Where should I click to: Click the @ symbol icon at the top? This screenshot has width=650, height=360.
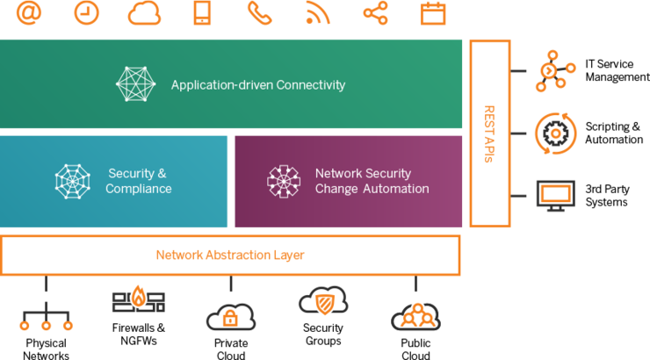(29, 12)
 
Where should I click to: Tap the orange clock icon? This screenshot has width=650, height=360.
(86, 12)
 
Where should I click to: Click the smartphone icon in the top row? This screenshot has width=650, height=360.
(201, 13)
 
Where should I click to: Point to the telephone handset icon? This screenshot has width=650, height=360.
(259, 13)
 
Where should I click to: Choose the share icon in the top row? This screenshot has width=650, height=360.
(375, 13)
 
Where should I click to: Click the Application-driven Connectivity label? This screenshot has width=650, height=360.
(257, 85)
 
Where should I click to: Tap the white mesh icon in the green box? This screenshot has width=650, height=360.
(135, 84)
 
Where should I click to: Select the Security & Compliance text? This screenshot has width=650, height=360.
(138, 181)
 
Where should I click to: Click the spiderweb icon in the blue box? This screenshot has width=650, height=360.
(72, 181)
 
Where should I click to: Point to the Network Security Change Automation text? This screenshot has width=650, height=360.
(372, 181)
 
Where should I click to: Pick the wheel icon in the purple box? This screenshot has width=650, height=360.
(284, 181)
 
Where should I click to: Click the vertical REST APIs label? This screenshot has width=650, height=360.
(489, 133)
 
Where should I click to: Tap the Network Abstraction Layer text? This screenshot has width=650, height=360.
(230, 255)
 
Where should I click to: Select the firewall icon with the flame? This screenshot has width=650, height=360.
(139, 299)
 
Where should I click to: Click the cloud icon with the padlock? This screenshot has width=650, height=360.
(230, 315)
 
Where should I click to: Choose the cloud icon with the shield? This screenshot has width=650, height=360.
(323, 301)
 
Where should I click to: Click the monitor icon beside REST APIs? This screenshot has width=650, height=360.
(555, 195)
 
